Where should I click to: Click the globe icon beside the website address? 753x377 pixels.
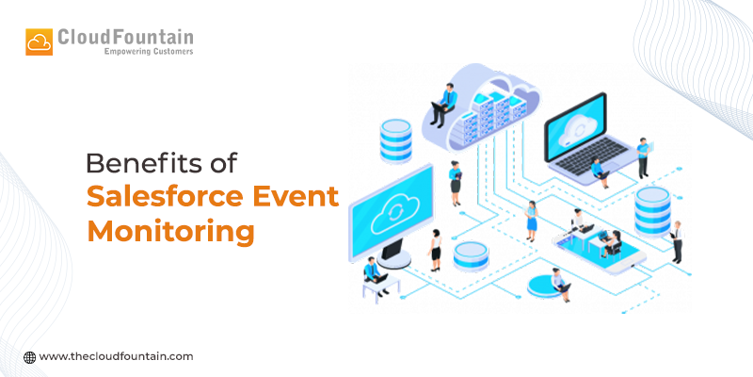click(30, 357)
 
